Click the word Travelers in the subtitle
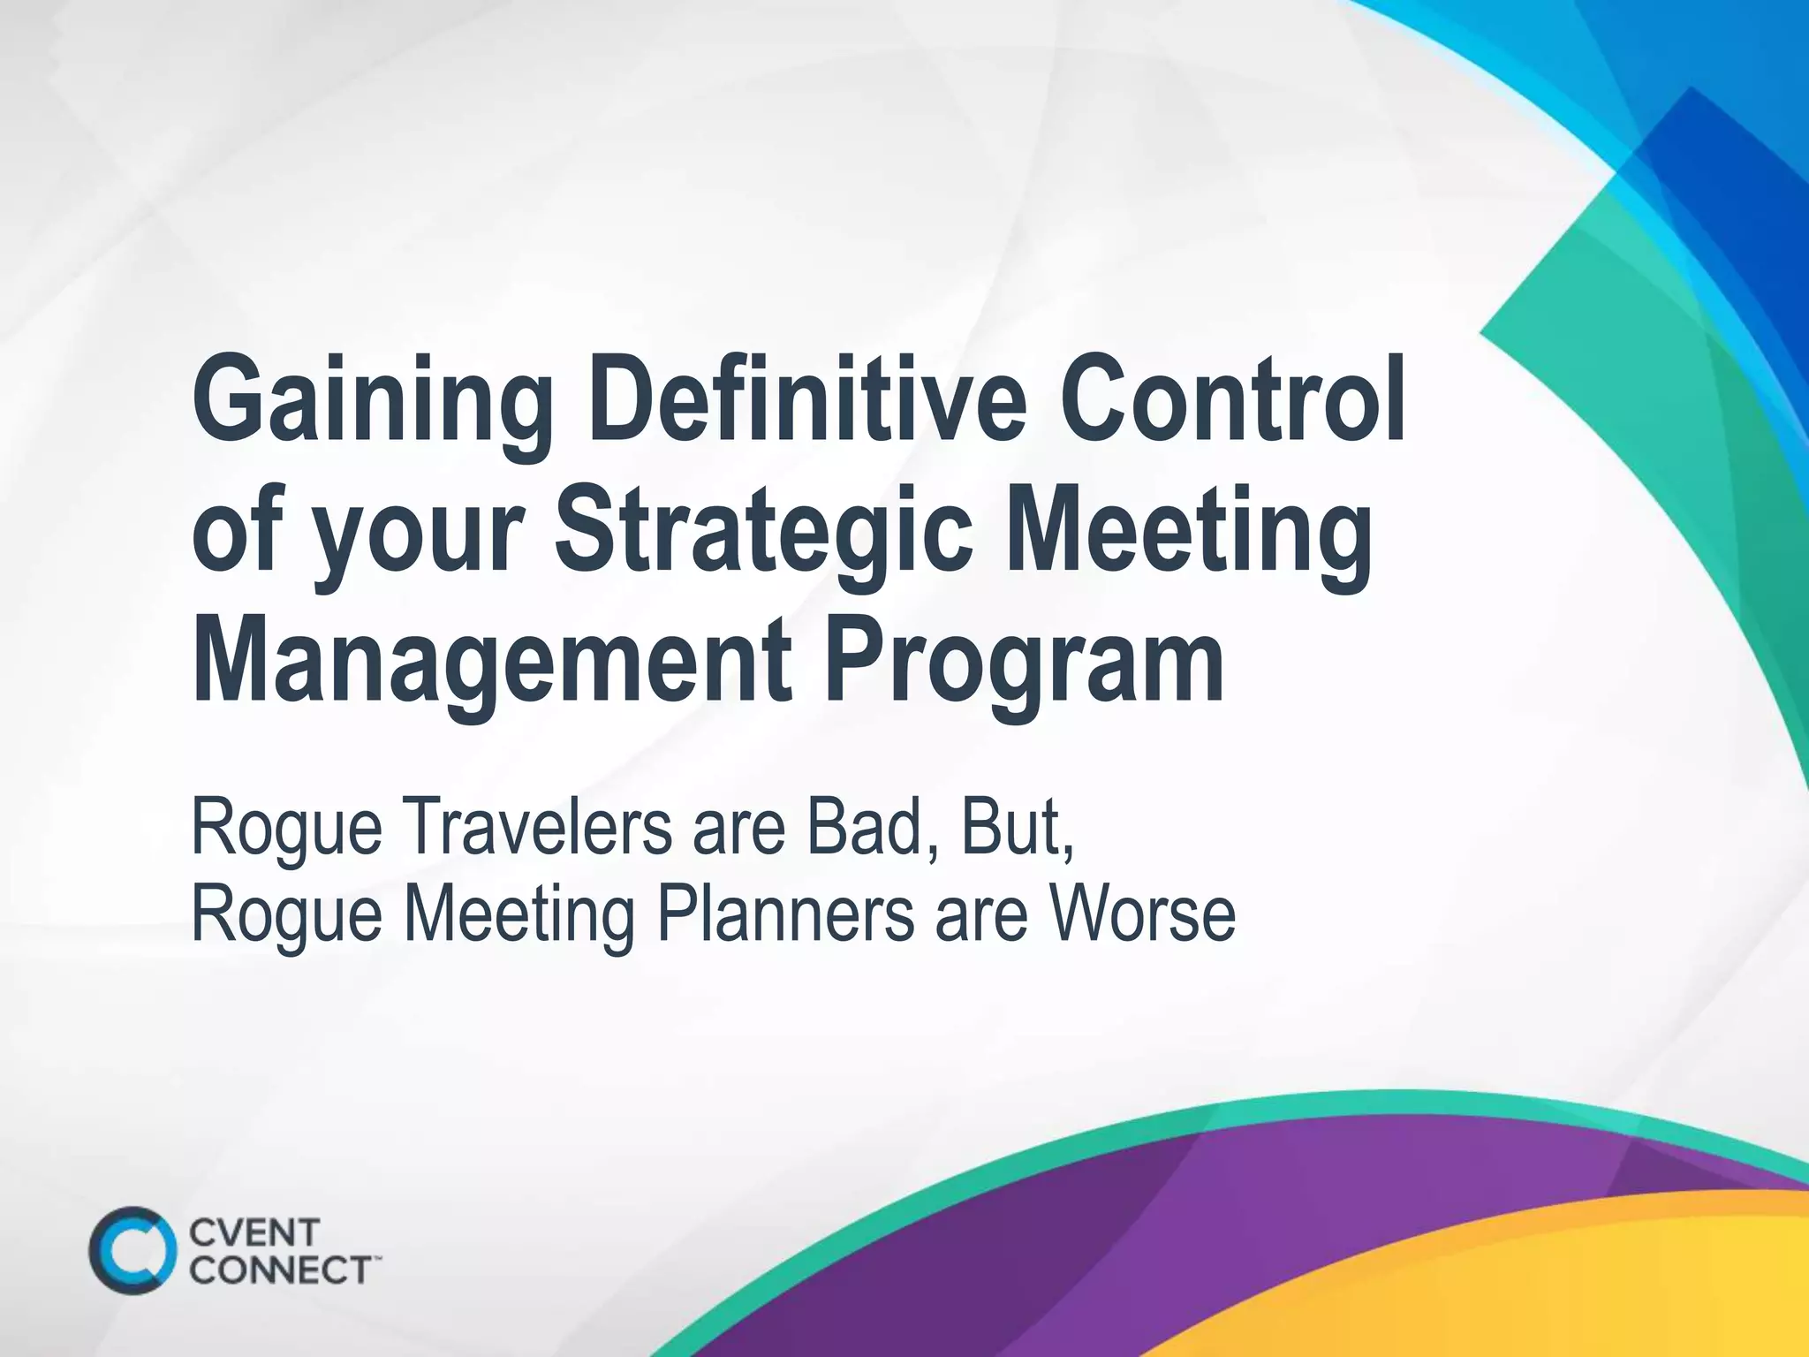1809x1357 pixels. pyautogui.click(x=538, y=830)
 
